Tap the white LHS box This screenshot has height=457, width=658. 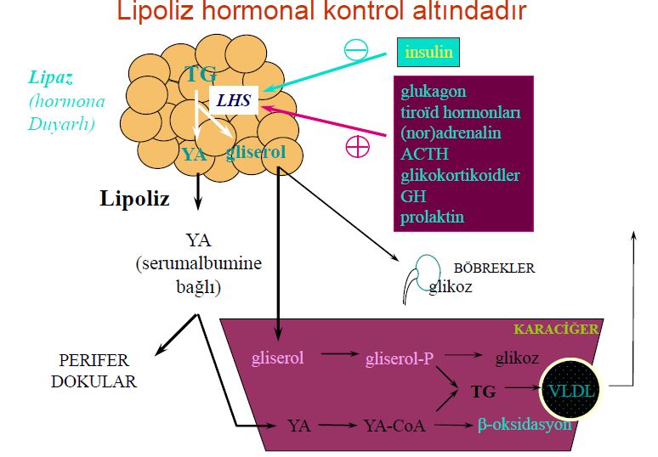tap(233, 100)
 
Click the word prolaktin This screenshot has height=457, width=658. tap(432, 217)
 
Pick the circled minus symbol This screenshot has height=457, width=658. tap(355, 48)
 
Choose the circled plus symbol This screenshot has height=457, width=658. tap(358, 146)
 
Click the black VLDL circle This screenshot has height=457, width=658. tap(573, 391)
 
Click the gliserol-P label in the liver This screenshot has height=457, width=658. tap(400, 358)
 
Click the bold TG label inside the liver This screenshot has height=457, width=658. tap(483, 392)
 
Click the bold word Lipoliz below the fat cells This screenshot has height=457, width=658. tap(134, 200)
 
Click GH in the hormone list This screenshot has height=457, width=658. tap(411, 195)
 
